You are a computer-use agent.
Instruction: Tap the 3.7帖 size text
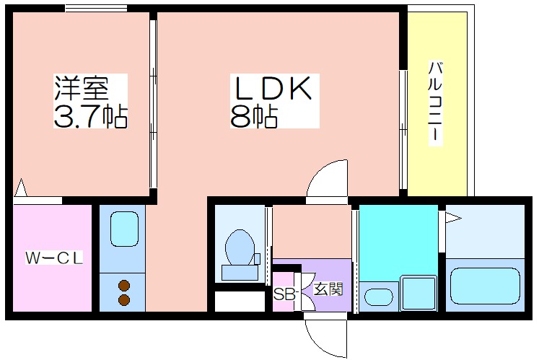pyautogui.click(x=90, y=115)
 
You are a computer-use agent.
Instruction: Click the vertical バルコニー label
pyautogui.click(x=435, y=104)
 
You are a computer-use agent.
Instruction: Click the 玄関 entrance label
pyautogui.click(x=328, y=290)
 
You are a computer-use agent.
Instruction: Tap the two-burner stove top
pyautogui.click(x=123, y=291)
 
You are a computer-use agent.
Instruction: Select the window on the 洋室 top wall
pyautogui.click(x=96, y=9)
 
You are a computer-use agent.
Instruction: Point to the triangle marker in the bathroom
pyautogui.click(x=452, y=216)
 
